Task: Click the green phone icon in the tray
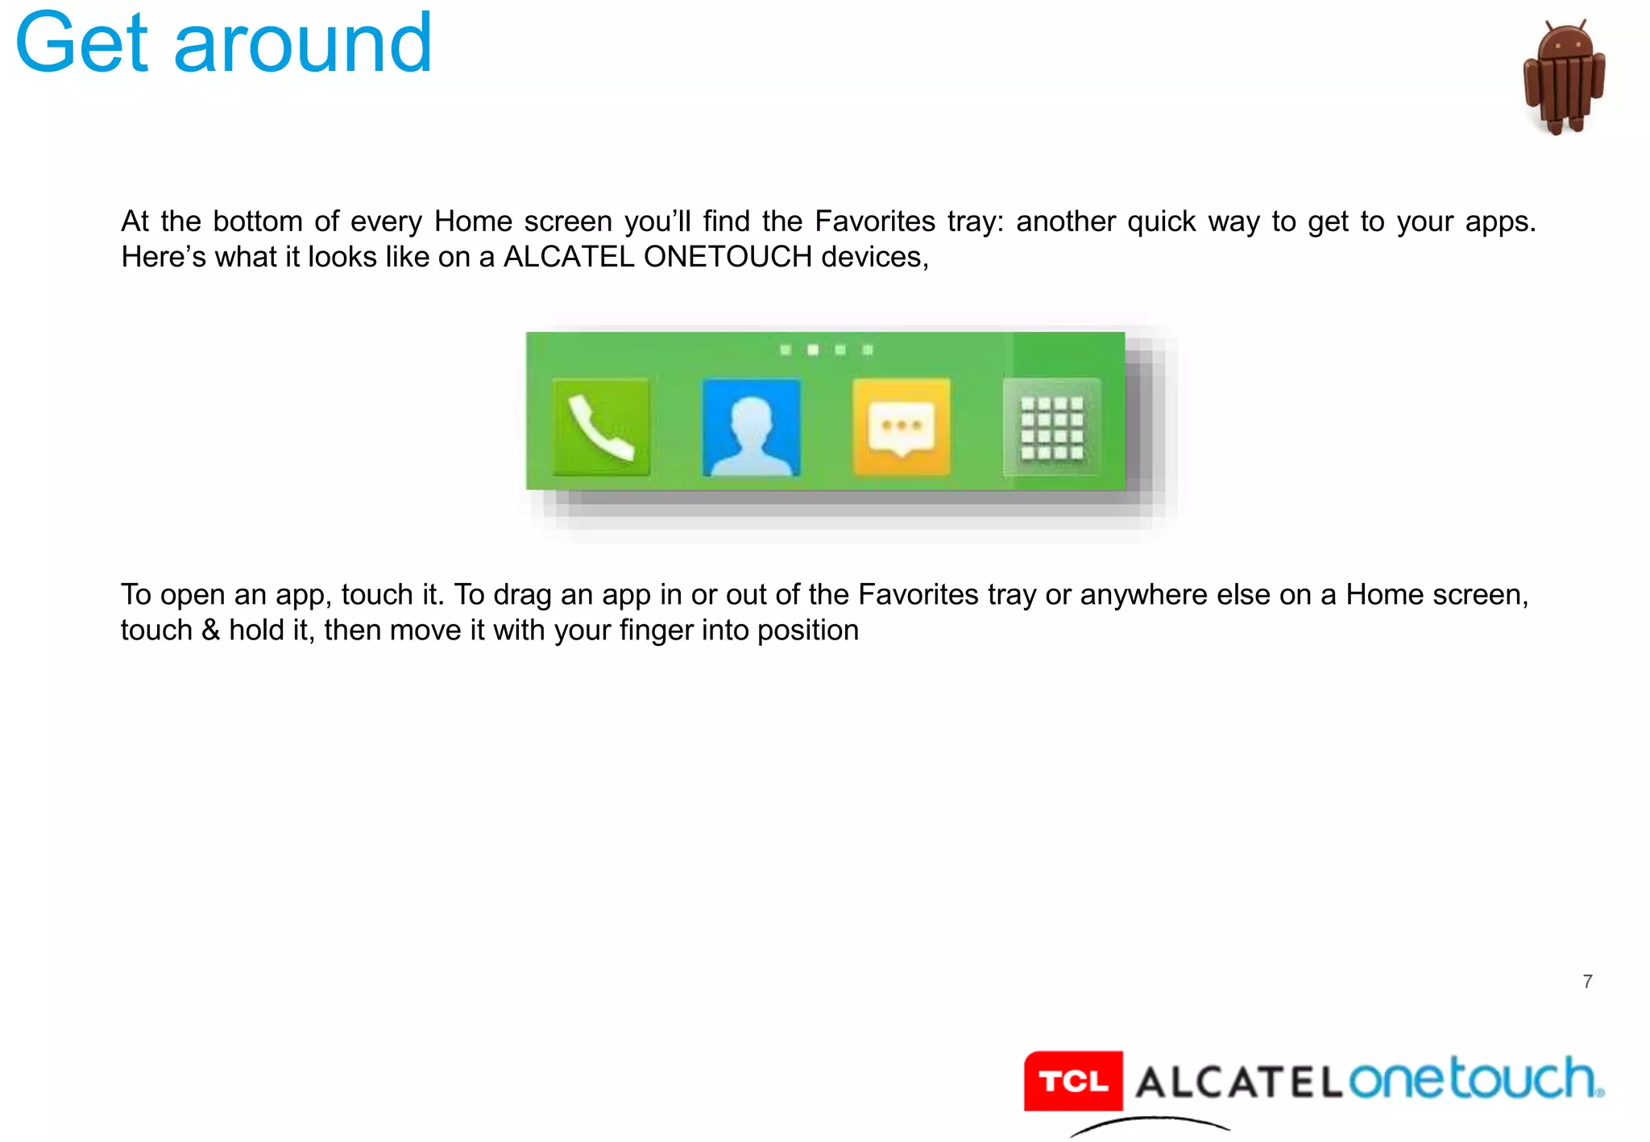(x=601, y=428)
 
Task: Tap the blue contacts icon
(x=751, y=428)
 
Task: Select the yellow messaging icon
(x=902, y=428)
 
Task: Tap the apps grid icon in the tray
(x=1051, y=428)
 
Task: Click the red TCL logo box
(x=1073, y=1081)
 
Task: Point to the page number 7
(x=1587, y=982)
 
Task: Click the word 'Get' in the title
(x=81, y=43)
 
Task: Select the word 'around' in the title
(x=303, y=43)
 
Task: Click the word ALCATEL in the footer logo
(x=1239, y=1082)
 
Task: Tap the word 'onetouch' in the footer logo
(x=1474, y=1079)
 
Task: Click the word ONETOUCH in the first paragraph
(x=728, y=257)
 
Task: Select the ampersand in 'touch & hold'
(x=210, y=630)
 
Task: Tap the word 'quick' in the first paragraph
(x=1161, y=221)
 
